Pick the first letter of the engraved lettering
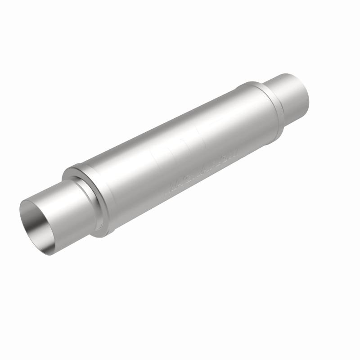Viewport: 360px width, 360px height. click(171, 186)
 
